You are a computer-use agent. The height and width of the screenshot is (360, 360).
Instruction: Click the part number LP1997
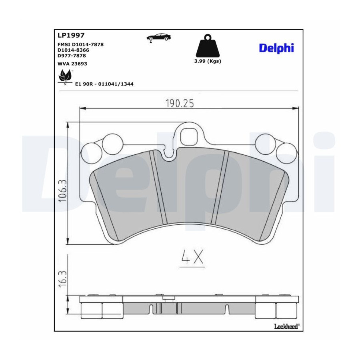click(x=71, y=35)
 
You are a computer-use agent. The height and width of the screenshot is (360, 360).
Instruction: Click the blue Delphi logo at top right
click(x=276, y=48)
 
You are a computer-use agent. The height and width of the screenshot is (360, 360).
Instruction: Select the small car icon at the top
click(x=159, y=38)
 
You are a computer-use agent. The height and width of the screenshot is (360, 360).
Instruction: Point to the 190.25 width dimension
click(x=180, y=103)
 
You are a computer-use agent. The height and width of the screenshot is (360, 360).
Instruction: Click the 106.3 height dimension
click(x=62, y=191)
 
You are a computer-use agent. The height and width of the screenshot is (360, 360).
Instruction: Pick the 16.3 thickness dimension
click(x=62, y=278)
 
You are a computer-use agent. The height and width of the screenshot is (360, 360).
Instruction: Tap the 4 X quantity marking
click(x=192, y=257)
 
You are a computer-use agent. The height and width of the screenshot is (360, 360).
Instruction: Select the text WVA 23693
click(x=72, y=64)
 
